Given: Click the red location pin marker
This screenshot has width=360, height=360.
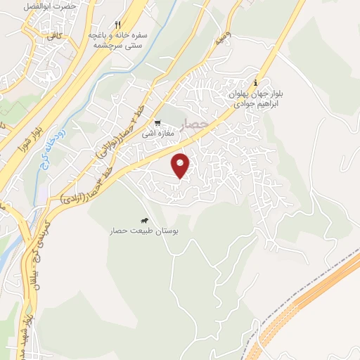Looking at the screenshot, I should (181, 165).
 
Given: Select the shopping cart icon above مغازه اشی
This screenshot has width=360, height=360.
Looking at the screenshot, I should (158, 122).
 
